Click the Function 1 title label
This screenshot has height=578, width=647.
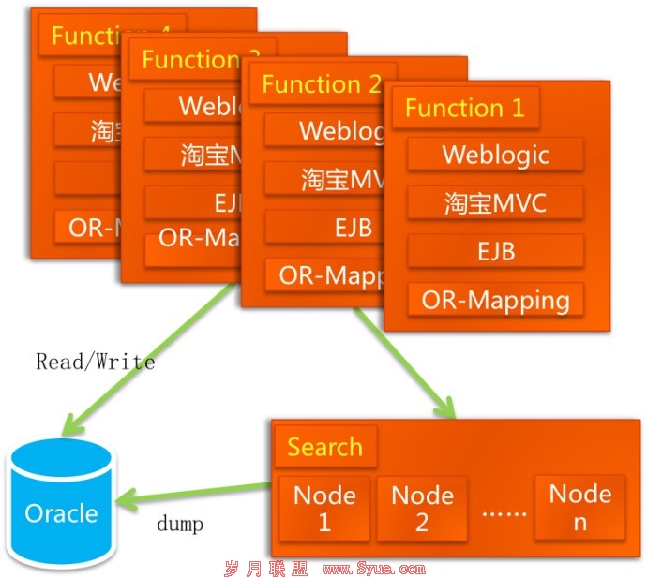(x=465, y=108)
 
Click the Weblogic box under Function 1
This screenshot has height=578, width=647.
(x=496, y=154)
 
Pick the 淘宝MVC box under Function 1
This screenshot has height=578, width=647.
(x=496, y=202)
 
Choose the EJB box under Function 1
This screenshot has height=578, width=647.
(x=496, y=251)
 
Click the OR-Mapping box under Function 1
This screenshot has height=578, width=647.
(x=496, y=300)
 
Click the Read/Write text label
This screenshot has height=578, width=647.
(x=96, y=361)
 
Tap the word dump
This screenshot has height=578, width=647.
(x=179, y=524)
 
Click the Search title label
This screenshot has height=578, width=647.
(x=324, y=447)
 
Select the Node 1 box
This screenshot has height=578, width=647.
(x=324, y=508)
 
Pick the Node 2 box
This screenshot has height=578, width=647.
(x=422, y=508)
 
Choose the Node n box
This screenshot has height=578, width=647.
(x=579, y=507)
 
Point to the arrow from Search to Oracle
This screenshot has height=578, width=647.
(x=202, y=494)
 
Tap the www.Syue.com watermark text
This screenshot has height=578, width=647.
(x=373, y=568)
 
